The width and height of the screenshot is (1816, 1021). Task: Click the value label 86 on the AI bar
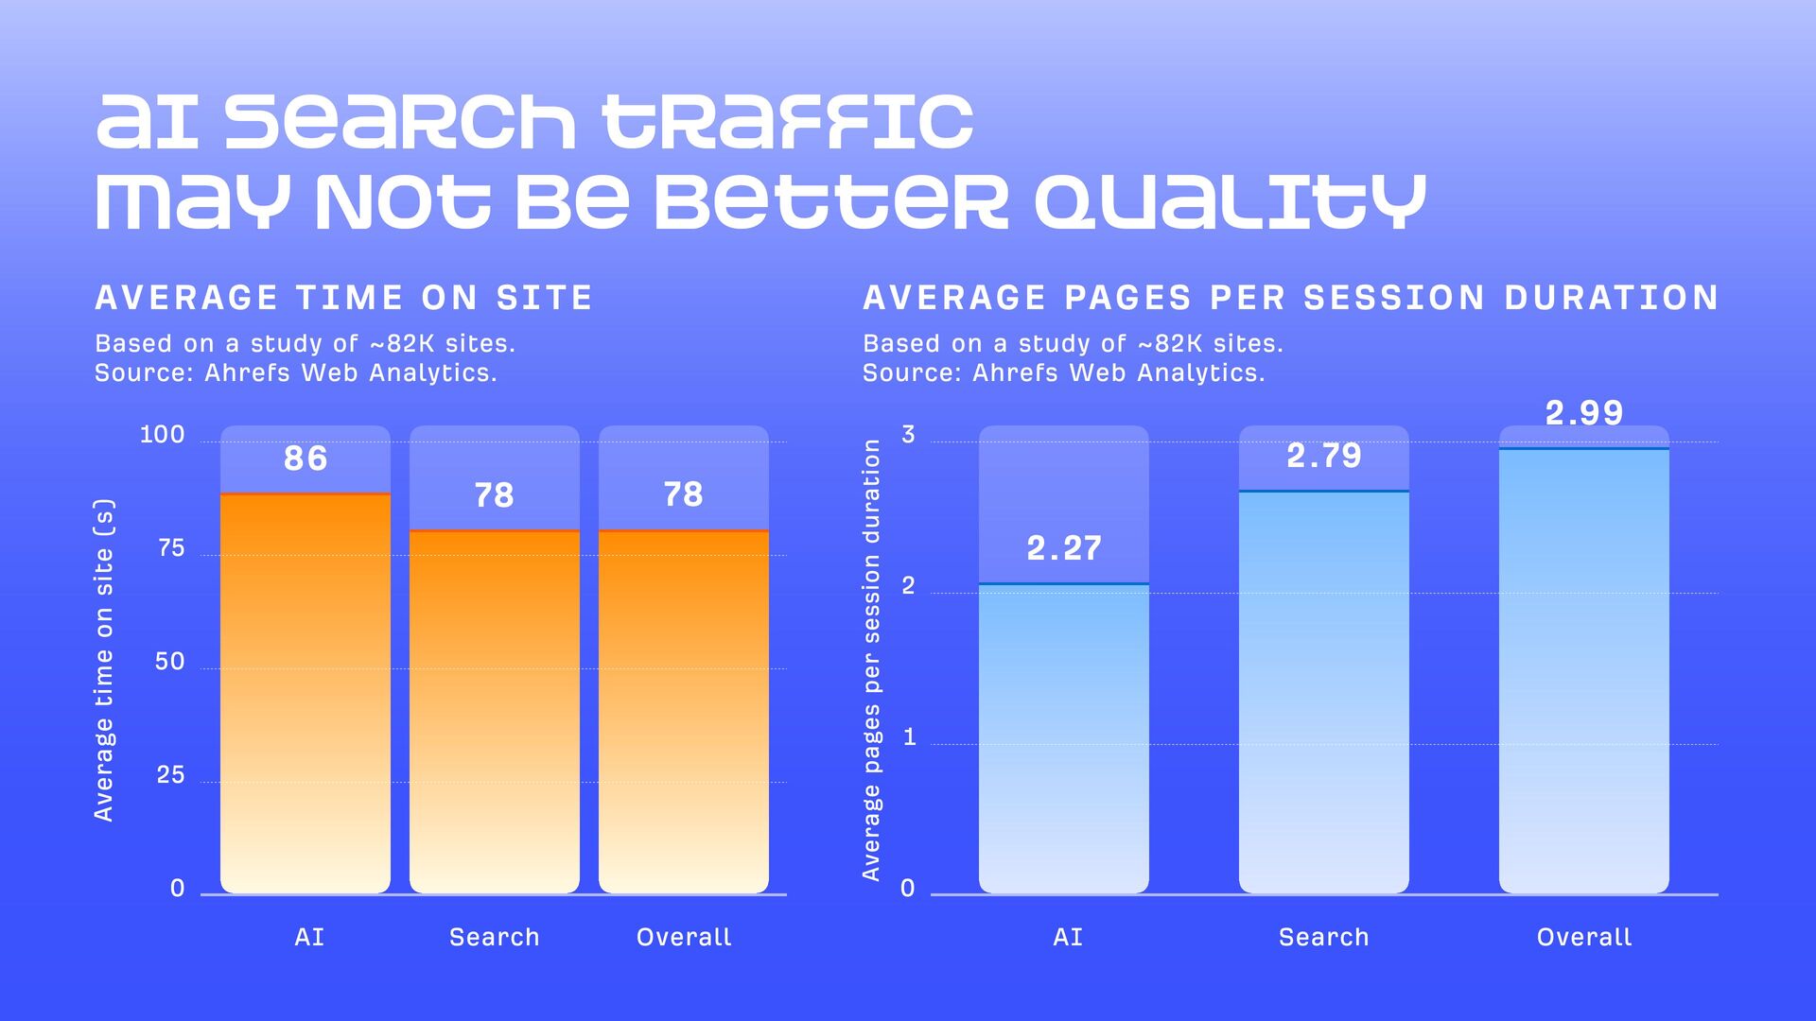click(306, 459)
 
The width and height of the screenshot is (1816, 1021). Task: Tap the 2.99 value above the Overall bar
click(1584, 413)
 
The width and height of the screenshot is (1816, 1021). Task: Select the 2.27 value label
click(1064, 548)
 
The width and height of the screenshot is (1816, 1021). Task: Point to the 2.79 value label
click(1324, 456)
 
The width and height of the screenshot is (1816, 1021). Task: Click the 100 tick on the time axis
click(163, 435)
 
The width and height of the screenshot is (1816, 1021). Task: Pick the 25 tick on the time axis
click(170, 775)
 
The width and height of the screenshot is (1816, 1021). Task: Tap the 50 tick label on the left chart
click(170, 662)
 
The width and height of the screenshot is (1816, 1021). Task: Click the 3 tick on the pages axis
click(909, 435)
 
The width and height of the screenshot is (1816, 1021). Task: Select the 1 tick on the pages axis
click(910, 737)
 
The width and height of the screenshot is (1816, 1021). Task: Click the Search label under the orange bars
click(494, 937)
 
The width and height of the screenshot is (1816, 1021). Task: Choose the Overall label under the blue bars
click(1584, 937)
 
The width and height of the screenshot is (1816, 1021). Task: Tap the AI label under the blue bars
click(1068, 937)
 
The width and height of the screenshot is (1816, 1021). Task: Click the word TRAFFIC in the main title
click(788, 122)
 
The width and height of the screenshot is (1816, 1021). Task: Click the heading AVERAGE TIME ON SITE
click(344, 298)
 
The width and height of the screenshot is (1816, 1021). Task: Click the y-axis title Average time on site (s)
click(104, 660)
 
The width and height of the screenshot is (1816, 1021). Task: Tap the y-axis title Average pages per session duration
click(871, 660)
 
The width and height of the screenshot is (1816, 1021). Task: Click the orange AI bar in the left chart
click(306, 690)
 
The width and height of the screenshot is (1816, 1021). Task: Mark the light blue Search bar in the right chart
click(1324, 690)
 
